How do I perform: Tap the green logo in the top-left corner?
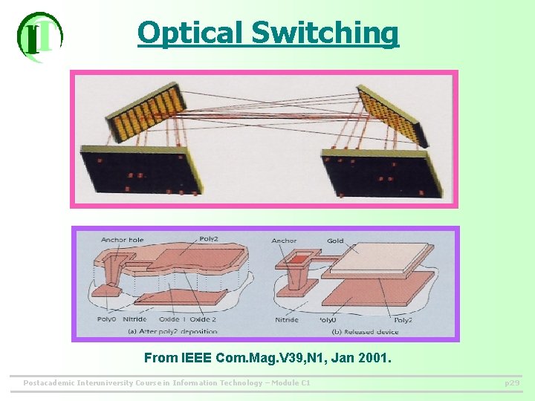click(x=39, y=36)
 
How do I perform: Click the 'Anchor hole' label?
click(x=123, y=240)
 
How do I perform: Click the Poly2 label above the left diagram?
click(x=209, y=239)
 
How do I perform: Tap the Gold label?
click(x=335, y=240)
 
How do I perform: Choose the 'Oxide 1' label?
click(x=173, y=319)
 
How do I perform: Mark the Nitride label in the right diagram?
click(x=287, y=320)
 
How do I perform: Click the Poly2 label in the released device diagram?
click(x=403, y=320)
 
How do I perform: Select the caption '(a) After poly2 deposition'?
click(x=172, y=331)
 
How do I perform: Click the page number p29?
click(x=512, y=383)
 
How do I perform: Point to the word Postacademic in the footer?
click(x=48, y=383)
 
